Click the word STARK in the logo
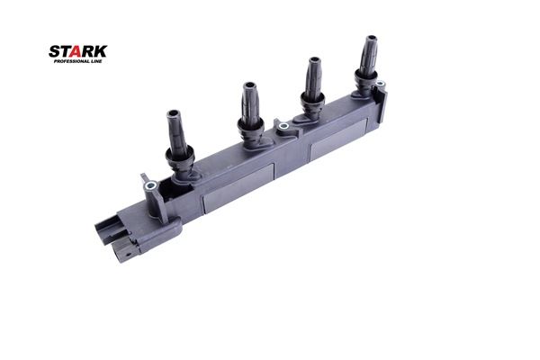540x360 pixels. click(77, 51)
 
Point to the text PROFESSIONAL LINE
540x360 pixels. click(77, 61)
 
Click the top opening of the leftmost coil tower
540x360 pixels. click(173, 113)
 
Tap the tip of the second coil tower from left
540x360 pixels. click(249, 85)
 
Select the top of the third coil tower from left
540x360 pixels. click(314, 60)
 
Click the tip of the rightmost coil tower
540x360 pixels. click(371, 38)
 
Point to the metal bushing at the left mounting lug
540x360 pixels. click(150, 186)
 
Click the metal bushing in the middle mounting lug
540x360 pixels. click(283, 126)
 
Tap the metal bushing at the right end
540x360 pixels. click(380, 84)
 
